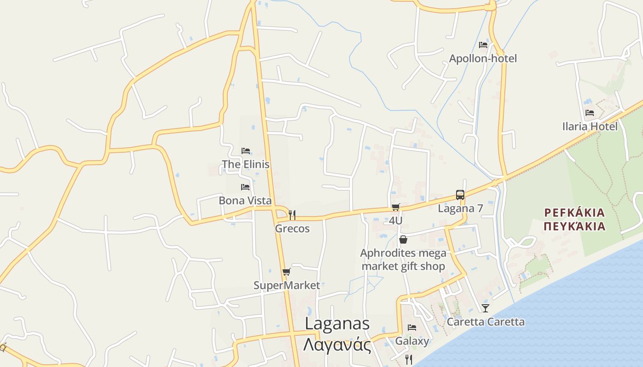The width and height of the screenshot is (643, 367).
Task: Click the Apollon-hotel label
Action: [483, 58]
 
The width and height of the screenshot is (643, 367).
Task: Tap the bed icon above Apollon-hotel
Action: [483, 45]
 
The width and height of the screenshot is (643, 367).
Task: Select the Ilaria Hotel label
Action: [590, 126]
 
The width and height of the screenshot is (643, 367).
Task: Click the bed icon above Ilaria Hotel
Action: [590, 113]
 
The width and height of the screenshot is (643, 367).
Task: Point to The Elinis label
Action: [246, 164]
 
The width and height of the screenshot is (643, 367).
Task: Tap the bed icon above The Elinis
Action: [246, 151]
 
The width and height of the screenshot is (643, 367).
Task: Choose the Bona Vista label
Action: [245, 200]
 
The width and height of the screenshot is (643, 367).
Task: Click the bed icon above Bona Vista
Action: [245, 187]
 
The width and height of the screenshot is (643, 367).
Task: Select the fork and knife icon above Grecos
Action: [292, 215]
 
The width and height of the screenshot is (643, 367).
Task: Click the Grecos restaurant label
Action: [292, 228]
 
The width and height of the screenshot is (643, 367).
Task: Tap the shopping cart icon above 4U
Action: [395, 207]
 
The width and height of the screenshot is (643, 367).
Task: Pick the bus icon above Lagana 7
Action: [460, 195]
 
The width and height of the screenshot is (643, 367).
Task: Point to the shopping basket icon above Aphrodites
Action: [403, 239]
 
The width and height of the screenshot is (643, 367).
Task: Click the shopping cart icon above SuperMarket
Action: [286, 272]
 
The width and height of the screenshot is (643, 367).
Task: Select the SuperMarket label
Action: [287, 285]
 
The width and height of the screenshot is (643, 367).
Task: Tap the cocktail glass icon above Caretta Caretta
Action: [485, 308]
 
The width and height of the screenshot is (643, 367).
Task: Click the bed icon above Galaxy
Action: [412, 328]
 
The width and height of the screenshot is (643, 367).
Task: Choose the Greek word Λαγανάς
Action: [337, 345]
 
